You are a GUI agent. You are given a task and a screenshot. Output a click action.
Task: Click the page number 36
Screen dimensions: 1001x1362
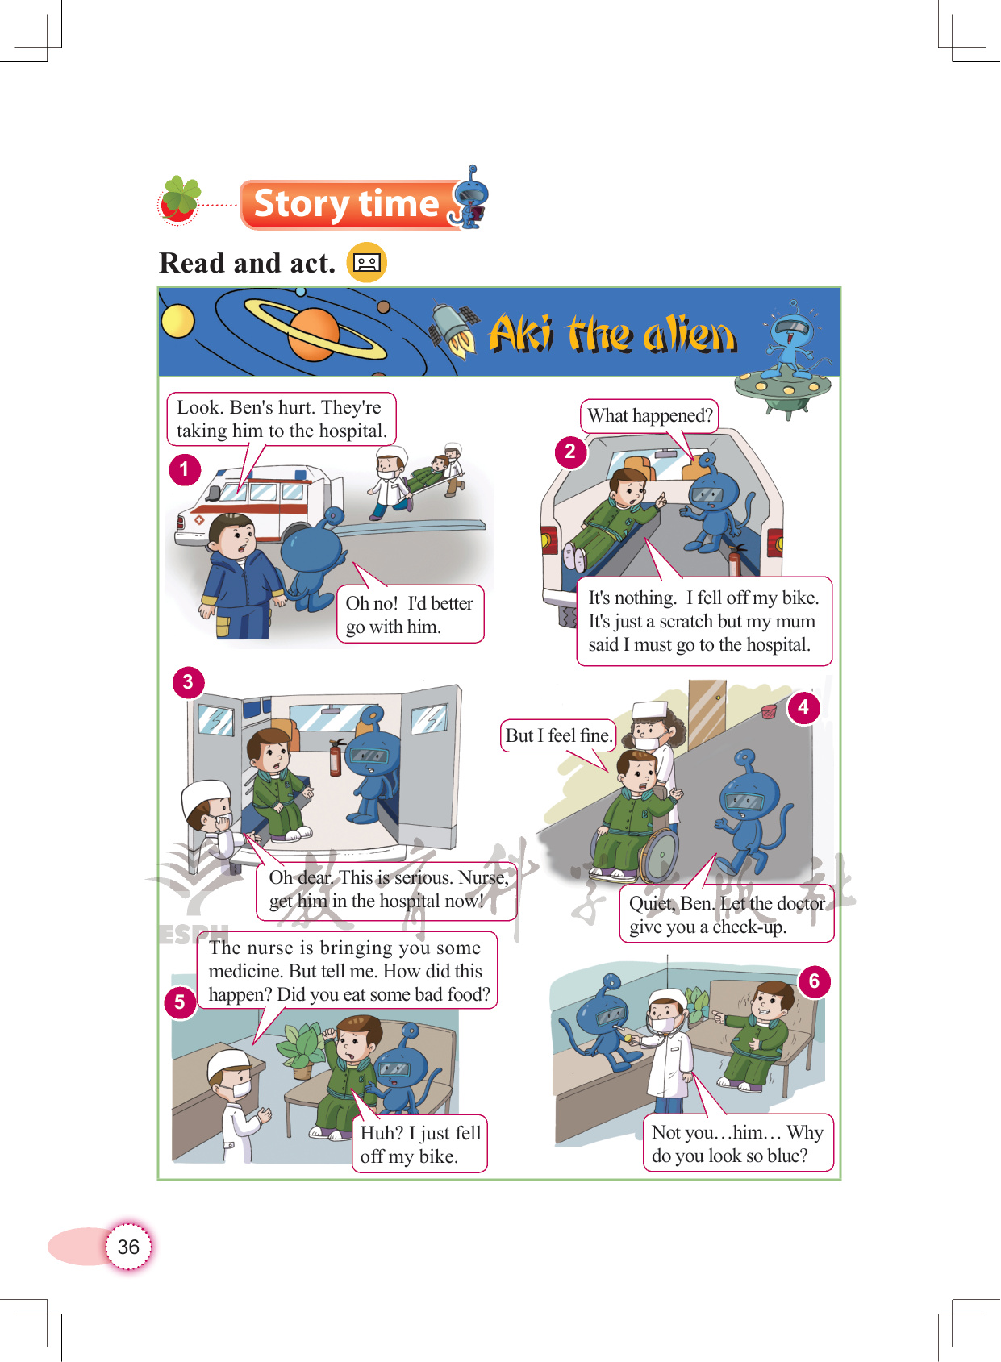128,1247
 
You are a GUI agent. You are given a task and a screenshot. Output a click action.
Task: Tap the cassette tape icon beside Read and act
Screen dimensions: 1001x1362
367,262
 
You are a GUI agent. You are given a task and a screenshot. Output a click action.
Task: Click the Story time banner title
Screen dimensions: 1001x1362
346,203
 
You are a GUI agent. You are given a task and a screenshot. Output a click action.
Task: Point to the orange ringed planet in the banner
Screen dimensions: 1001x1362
314,333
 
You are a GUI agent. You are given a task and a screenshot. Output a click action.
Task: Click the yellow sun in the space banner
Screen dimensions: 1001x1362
177,320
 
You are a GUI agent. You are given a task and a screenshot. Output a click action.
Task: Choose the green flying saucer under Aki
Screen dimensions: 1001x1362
782,389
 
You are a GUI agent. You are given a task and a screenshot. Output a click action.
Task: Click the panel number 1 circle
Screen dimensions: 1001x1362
185,469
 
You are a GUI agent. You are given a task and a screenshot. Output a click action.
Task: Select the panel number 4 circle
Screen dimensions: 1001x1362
803,707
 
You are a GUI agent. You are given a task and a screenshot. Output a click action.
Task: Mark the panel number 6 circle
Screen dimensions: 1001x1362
815,981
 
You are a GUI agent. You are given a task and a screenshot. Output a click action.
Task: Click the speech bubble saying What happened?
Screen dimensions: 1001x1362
649,416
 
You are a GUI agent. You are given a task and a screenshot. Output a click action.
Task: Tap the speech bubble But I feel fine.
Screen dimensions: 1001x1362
558,735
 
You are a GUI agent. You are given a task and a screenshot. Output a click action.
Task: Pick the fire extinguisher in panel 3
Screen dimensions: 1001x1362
336,758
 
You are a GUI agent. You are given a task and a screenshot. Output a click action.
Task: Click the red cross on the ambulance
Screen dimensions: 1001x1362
199,520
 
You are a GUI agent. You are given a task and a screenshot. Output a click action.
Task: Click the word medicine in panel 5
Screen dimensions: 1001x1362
245,971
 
